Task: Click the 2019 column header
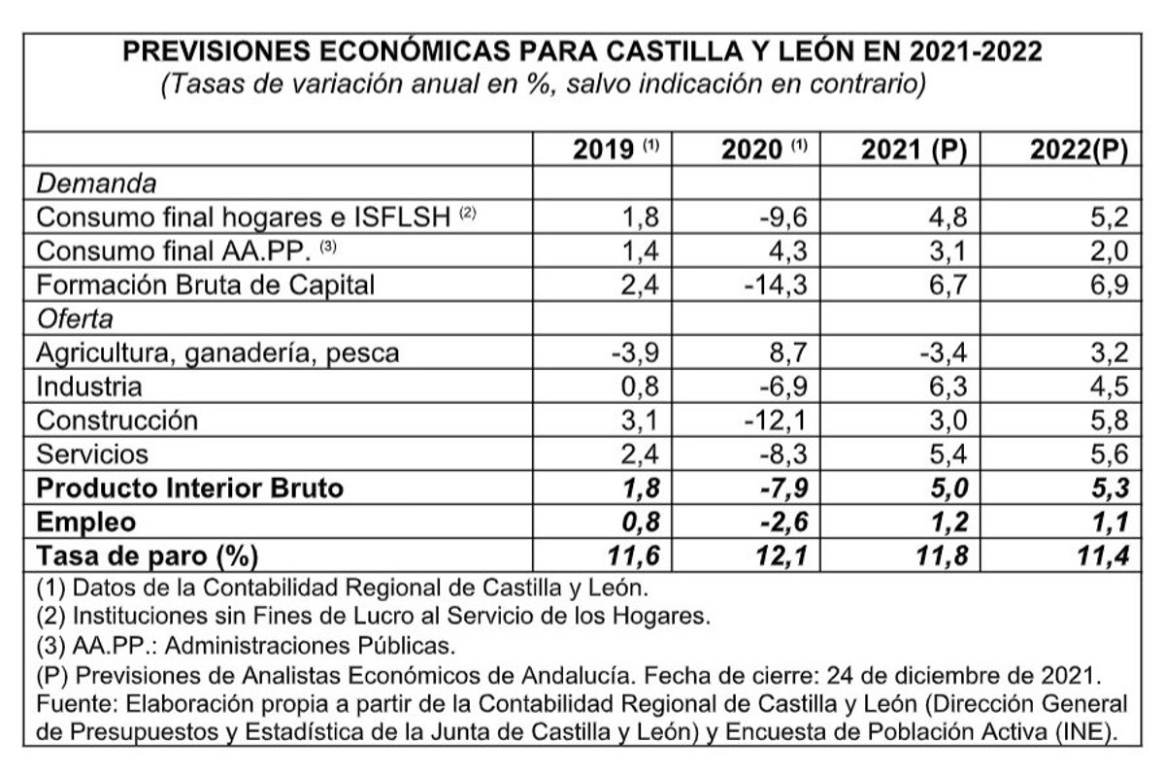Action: tap(615, 151)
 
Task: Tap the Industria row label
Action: tap(88, 386)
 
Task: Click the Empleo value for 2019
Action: tap(638, 522)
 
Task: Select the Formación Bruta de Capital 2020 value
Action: tap(778, 285)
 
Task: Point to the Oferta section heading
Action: tap(75, 318)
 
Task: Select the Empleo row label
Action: tap(85, 522)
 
